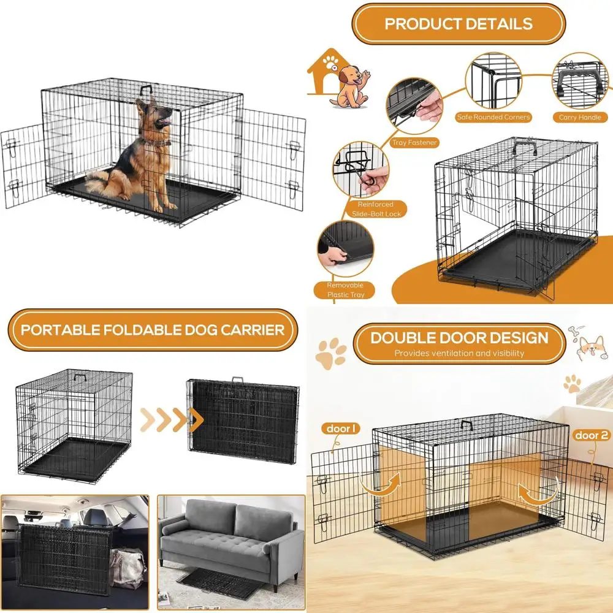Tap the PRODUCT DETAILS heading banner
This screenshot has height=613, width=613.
(459, 24)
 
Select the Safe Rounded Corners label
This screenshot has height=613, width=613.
(493, 117)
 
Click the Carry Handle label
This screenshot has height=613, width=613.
(580, 117)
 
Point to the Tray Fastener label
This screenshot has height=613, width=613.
(415, 143)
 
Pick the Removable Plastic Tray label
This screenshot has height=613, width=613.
(345, 290)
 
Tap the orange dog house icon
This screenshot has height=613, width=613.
(324, 74)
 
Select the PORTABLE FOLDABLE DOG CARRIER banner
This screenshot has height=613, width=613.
(153, 330)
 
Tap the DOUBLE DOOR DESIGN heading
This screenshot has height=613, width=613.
(459, 338)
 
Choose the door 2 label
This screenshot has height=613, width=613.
(591, 435)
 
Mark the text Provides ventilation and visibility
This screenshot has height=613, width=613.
(459, 353)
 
